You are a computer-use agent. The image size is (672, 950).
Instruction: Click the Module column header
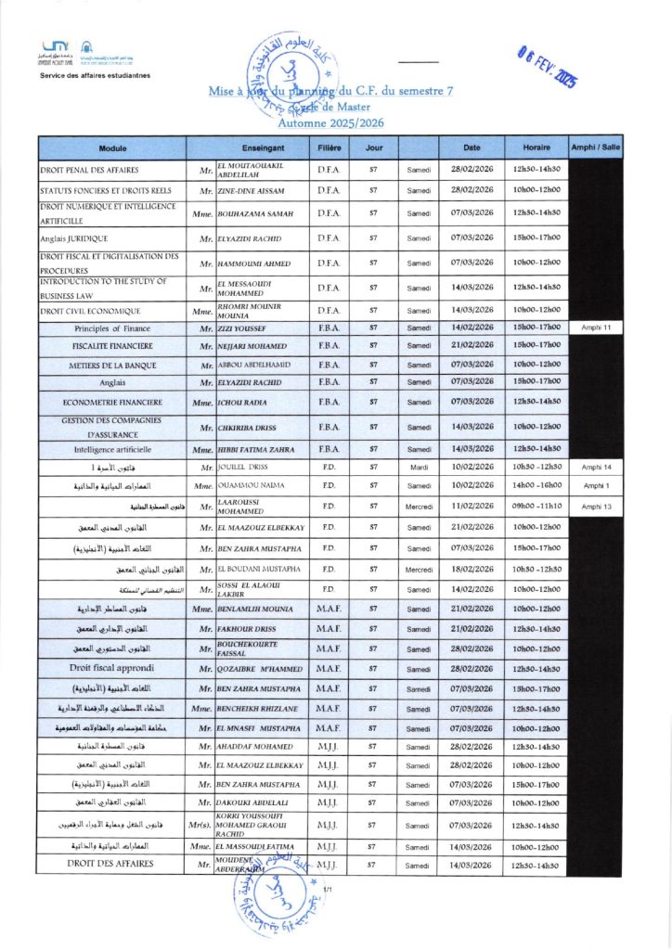point(112,148)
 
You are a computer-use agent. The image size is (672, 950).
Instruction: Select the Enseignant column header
point(255,148)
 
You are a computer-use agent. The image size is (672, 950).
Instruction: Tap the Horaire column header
point(536,148)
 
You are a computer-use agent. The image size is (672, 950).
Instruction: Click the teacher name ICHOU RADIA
point(242,403)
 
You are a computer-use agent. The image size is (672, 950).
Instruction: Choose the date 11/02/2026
point(472,507)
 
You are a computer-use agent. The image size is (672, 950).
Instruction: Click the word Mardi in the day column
point(419,468)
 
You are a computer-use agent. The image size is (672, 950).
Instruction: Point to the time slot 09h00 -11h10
point(536,507)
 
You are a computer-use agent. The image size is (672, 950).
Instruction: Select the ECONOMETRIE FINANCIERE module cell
point(112,403)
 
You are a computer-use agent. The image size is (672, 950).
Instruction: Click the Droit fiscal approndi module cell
point(112,668)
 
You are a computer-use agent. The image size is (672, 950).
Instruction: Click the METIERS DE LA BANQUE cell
point(112,365)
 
